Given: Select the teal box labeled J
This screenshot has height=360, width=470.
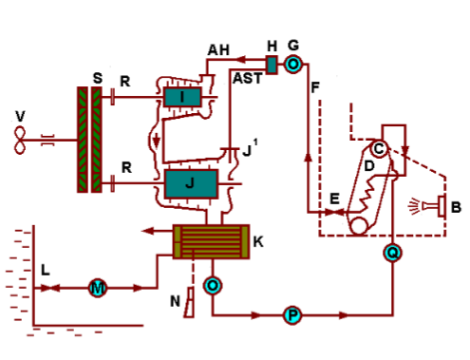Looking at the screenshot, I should point(190,182).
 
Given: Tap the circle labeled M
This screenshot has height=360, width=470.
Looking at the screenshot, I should point(97,287).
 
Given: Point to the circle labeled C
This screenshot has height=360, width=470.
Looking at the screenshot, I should point(378,148).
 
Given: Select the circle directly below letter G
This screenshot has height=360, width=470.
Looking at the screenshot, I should point(293,64).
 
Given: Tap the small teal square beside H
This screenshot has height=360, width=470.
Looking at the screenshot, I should point(272,65).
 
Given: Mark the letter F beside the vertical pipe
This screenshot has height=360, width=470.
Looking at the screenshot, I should point(315,86).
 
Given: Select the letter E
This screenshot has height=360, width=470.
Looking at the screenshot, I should point(333,199).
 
